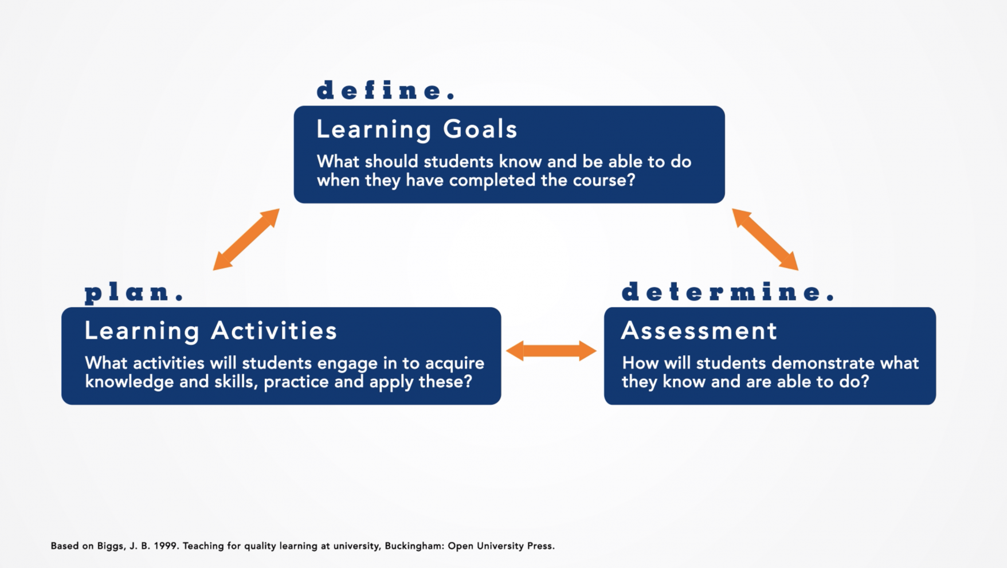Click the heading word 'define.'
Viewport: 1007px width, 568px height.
(386, 91)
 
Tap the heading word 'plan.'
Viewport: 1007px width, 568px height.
(134, 292)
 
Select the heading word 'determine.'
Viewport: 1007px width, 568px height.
(728, 292)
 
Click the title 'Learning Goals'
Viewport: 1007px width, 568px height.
(417, 130)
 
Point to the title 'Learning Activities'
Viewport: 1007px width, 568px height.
(210, 331)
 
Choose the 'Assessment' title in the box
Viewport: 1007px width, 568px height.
(699, 331)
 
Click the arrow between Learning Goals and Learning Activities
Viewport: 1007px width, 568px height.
(246, 240)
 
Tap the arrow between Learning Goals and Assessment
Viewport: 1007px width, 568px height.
(765, 240)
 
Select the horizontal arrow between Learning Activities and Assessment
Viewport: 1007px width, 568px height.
(551, 351)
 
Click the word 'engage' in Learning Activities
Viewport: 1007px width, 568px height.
(347, 363)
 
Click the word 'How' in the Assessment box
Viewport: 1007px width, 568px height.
(640, 363)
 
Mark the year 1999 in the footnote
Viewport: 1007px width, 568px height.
(165, 546)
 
